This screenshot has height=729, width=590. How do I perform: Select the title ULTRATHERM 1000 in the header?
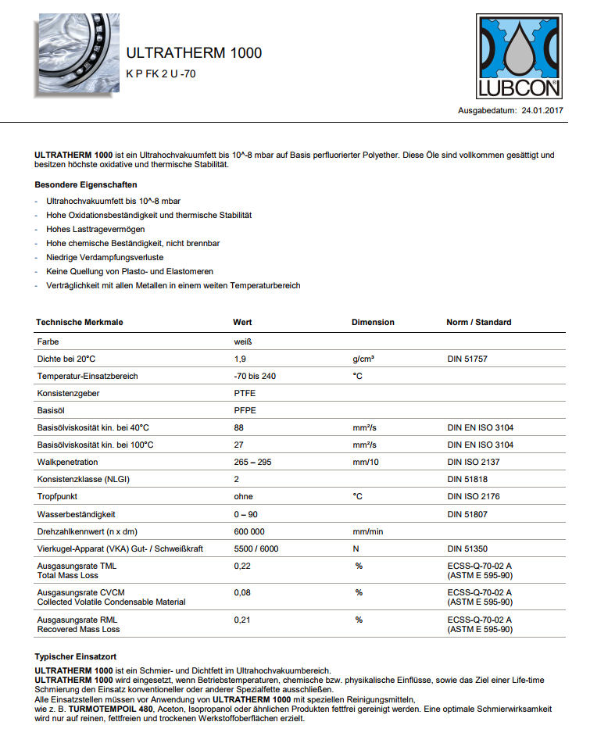194,53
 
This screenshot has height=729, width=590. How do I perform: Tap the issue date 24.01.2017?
542,111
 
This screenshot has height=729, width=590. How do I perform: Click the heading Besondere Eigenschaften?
86,185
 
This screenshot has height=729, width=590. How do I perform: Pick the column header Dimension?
373,322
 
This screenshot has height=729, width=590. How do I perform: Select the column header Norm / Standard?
478,322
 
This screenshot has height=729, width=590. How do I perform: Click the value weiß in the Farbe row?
243,341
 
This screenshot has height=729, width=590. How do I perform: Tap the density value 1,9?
240,359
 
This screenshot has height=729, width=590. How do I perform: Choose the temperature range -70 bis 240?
255,376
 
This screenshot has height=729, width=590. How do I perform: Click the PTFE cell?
245,393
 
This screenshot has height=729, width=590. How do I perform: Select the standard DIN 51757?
472,359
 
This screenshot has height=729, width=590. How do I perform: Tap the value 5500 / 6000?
256,549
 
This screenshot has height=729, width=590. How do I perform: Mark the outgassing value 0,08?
242,592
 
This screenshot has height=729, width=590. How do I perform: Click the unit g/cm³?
363,359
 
